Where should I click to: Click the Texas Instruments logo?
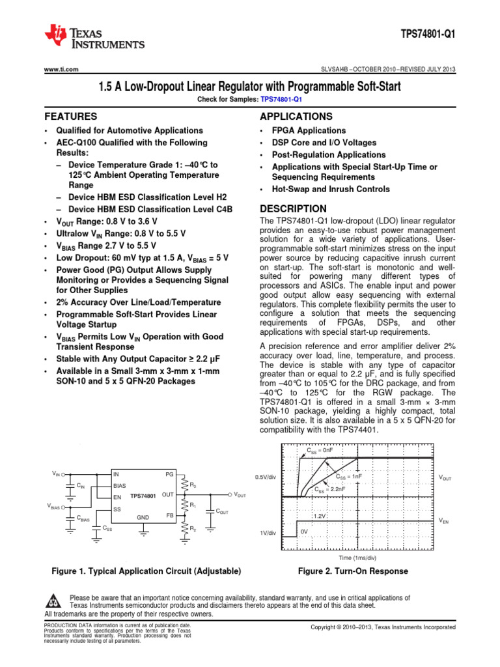pos(94,37)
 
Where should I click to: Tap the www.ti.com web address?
pos(61,69)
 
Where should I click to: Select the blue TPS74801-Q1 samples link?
pos(281,100)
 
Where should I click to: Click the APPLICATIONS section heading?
pos(296,117)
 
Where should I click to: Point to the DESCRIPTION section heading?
pos(293,209)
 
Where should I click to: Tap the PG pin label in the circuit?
pos(170,474)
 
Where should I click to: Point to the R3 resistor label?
pos(193,485)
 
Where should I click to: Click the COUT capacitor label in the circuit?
pos(222,513)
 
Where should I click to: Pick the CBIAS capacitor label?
pos(83,518)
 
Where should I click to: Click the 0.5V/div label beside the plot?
pos(266,477)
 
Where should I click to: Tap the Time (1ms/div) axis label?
pos(357,558)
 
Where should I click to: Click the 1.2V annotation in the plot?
pos(320,516)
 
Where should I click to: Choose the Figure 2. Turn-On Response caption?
pos(353,571)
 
